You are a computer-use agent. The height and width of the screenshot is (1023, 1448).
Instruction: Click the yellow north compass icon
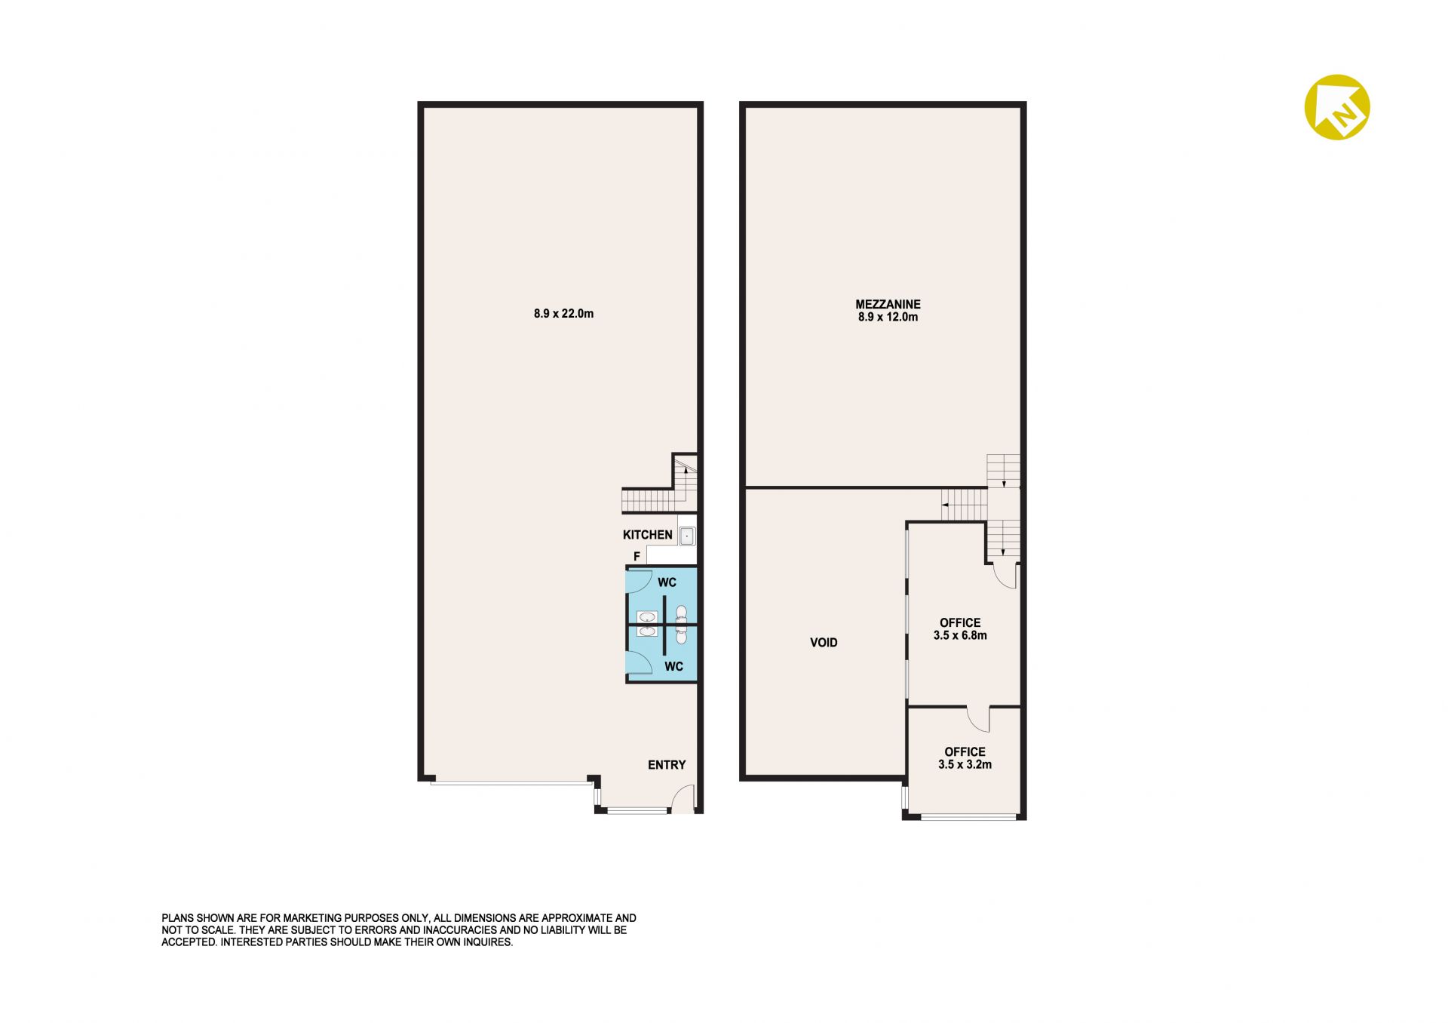click(x=1337, y=107)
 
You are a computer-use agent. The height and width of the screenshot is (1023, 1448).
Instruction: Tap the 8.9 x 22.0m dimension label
click(x=563, y=314)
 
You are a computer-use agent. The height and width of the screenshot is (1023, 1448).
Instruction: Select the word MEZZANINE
click(x=888, y=304)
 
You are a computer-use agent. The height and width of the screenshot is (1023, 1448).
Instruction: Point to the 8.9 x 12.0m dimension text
click(x=888, y=317)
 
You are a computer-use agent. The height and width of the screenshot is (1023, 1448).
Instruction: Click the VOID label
click(x=824, y=643)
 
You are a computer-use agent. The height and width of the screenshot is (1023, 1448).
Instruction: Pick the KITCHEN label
click(x=647, y=535)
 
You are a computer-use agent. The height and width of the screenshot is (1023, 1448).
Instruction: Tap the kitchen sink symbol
click(x=686, y=536)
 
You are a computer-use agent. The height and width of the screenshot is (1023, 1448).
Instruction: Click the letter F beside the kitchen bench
click(x=637, y=557)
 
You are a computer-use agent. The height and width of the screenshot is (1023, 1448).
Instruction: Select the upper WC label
click(x=667, y=582)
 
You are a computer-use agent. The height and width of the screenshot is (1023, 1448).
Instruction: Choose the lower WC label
click(x=673, y=667)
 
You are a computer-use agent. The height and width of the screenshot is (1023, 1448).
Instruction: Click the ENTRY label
click(x=667, y=765)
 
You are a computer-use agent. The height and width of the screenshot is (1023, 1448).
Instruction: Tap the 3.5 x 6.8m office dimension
click(x=960, y=635)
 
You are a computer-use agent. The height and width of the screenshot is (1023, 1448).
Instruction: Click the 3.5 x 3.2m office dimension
click(x=965, y=764)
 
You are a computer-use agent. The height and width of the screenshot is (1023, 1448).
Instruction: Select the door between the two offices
click(x=978, y=719)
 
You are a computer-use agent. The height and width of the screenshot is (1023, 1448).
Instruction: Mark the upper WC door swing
click(x=640, y=580)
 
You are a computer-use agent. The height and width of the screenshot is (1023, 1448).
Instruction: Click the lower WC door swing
click(x=640, y=662)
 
